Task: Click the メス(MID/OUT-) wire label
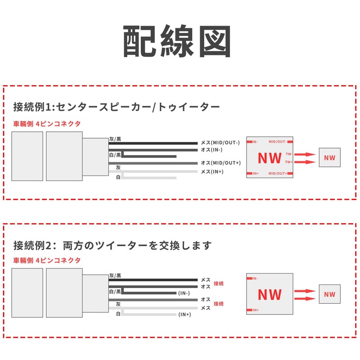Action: [x=220, y=143]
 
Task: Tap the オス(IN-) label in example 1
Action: [x=211, y=149]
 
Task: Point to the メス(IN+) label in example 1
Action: [x=211, y=171]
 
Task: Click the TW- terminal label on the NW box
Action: [x=288, y=154]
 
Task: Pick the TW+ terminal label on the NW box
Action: [x=288, y=162]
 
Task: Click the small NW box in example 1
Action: [x=329, y=158]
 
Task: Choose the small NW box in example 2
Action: [x=329, y=295]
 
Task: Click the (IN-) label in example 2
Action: [x=184, y=293]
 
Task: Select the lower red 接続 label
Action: [x=219, y=304]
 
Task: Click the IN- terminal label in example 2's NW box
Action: [x=255, y=279]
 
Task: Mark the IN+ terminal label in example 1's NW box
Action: [x=255, y=173]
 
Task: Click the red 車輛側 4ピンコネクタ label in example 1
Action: [x=47, y=124]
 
